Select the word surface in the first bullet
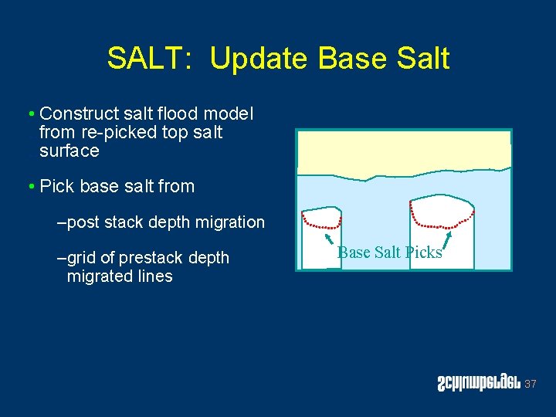coord(69,151)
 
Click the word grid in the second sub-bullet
coord(83,257)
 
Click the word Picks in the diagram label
coord(423,253)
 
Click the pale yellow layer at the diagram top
coord(403,151)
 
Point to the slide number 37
coord(530,384)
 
